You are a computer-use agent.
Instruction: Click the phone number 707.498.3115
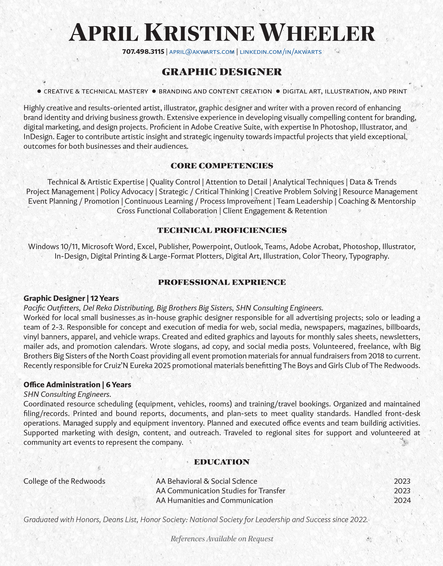tap(143, 52)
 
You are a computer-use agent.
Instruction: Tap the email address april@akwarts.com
tap(202, 52)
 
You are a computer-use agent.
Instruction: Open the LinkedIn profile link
tap(281, 52)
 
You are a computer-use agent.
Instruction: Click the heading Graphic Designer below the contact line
tap(222, 72)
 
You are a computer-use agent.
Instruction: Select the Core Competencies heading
tap(222, 166)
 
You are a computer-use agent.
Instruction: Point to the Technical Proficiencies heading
tap(222, 230)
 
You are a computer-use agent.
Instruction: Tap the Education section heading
tap(222, 462)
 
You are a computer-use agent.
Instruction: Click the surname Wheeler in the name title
tap(317, 33)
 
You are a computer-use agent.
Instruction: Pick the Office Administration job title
tap(62, 385)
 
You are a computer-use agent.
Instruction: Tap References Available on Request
tap(222, 539)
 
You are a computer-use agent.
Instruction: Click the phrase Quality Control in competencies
tap(175, 182)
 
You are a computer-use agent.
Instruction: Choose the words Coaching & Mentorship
tap(377, 201)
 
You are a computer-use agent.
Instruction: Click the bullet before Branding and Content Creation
tap(154, 91)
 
